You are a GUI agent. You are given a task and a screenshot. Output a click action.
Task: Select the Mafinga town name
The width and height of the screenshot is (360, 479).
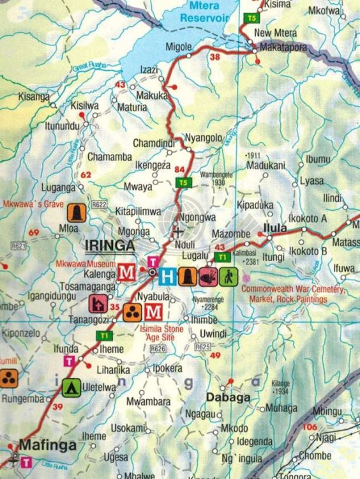(49, 445)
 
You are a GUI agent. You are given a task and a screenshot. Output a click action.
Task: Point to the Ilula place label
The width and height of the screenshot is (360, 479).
(277, 227)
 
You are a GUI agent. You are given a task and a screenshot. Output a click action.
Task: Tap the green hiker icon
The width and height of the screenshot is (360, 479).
(229, 276)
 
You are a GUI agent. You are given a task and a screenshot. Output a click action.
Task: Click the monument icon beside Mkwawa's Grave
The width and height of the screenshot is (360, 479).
(77, 212)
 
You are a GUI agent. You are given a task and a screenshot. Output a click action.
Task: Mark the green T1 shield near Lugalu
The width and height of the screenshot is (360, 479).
(222, 257)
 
